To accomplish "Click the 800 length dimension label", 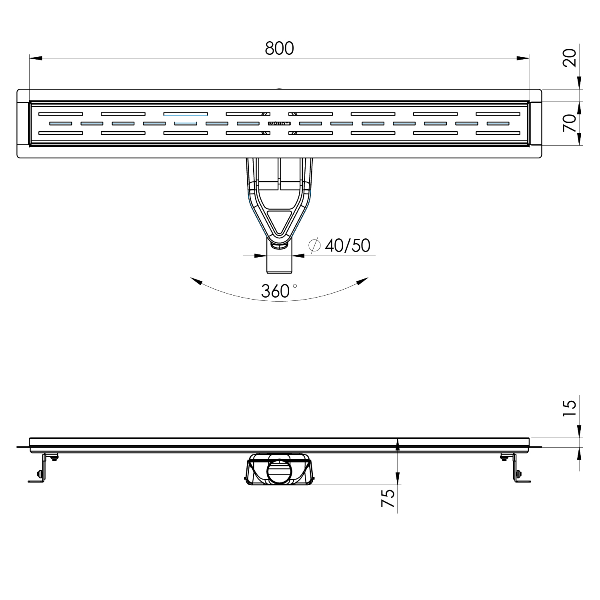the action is click(x=279, y=48).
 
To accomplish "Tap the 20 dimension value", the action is click(x=570, y=58).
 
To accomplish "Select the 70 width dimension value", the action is click(x=570, y=123).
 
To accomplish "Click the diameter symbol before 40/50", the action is click(x=314, y=246).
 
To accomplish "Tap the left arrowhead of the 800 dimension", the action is click(x=36, y=58).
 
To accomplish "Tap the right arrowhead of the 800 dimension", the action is click(x=523, y=58).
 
